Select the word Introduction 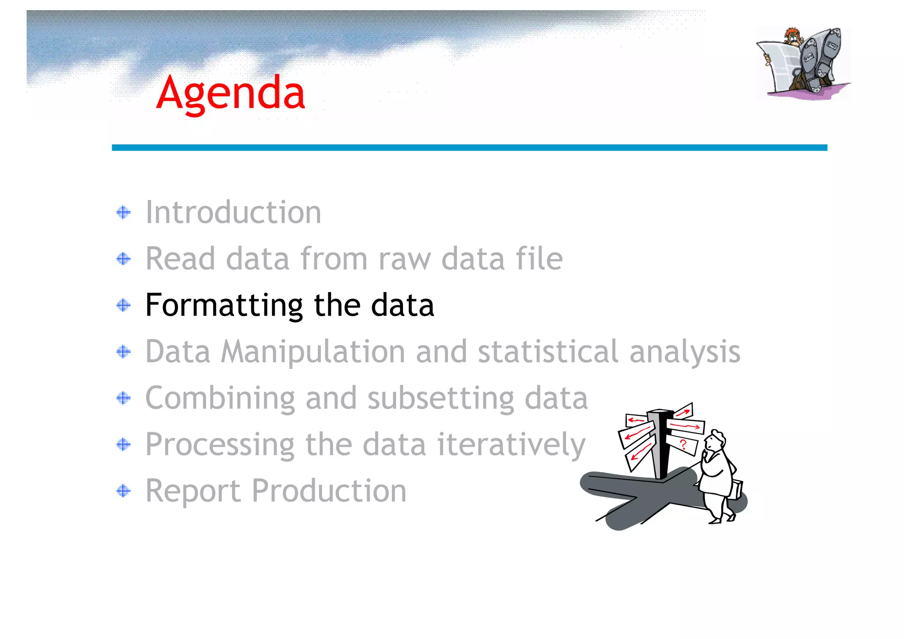click(233, 212)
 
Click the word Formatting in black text click(224, 305)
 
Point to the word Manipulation click(313, 352)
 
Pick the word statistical click(548, 352)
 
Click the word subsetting click(441, 398)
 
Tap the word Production click(329, 491)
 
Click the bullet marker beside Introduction click(124, 213)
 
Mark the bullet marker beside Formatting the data click(124, 305)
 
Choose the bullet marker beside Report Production click(124, 491)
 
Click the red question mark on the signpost click(683, 444)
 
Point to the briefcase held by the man click(736, 489)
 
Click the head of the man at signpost click(715, 440)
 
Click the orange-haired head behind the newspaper click(793, 36)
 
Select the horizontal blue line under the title click(469, 147)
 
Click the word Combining click(220, 398)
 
